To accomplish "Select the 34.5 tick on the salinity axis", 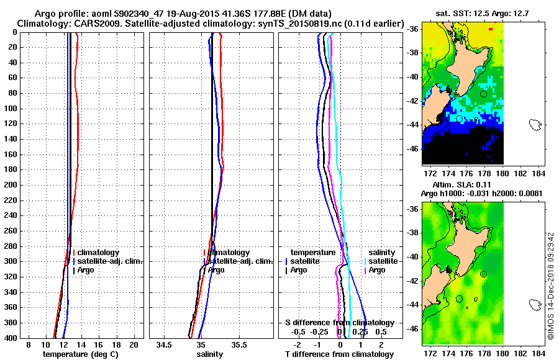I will tap(165, 344).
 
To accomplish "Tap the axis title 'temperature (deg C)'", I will tap(80, 354).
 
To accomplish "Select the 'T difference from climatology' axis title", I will tap(339, 354).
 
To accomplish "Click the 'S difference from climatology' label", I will tap(339, 323).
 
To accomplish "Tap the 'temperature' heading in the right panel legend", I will tap(313, 253).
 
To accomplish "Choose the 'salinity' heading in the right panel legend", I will tap(382, 253).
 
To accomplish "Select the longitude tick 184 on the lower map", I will tap(540, 354).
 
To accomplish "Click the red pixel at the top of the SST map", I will tap(491, 29).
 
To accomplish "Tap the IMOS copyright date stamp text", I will tap(550, 286).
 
